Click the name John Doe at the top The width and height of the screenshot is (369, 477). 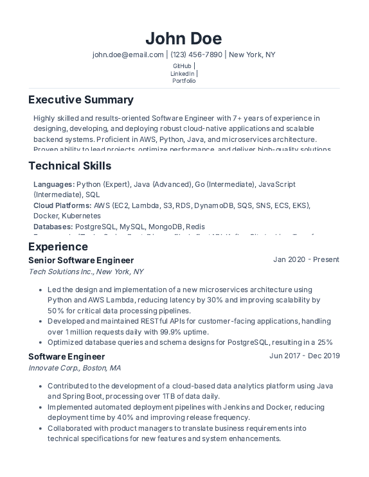184,39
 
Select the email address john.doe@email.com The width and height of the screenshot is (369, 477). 128,55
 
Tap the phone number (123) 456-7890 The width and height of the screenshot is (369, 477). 196,55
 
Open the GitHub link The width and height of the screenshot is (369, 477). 182,66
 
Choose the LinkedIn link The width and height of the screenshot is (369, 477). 182,74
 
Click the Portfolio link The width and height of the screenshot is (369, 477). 184,81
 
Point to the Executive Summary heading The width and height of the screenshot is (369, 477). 81,100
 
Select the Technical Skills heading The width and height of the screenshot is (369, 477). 70,166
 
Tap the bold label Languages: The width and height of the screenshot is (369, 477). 54,184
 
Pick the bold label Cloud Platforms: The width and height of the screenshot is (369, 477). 62,205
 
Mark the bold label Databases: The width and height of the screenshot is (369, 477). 53,227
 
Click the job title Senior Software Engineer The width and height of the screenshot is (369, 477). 81,260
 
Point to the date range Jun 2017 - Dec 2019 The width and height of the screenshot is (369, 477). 304,356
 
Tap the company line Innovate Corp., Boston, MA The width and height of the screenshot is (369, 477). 75,368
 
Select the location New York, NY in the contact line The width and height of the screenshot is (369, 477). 252,55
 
